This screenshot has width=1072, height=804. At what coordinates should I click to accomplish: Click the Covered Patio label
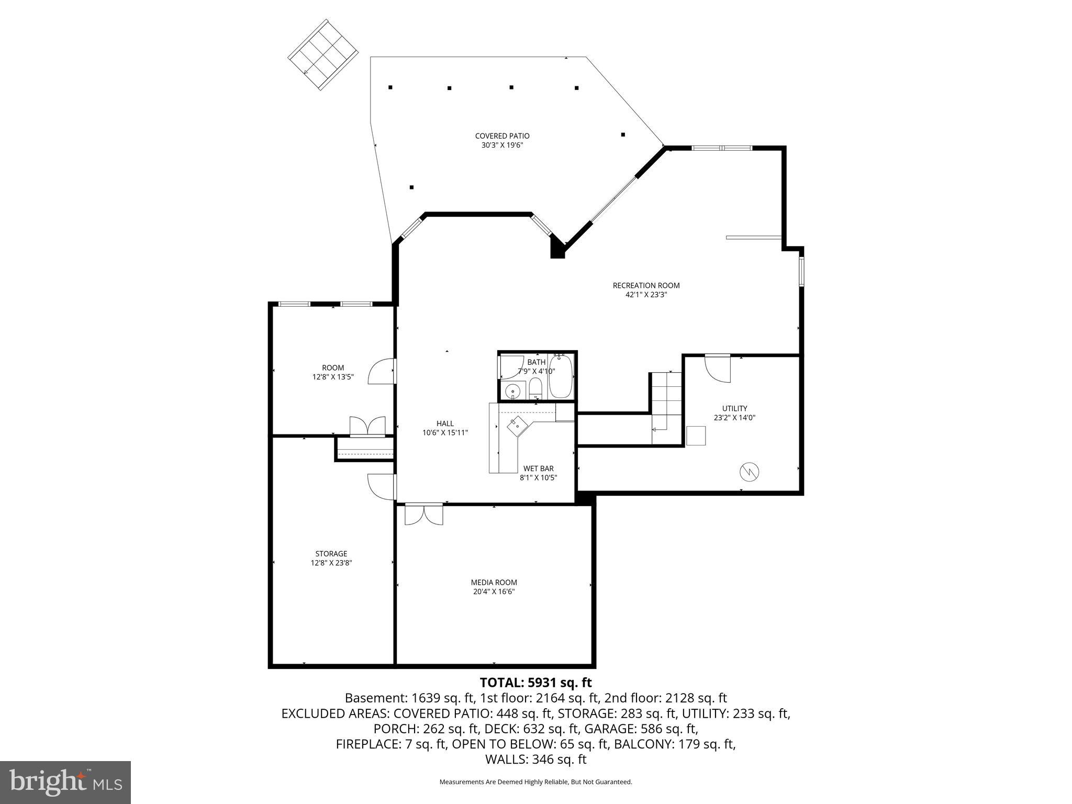tap(502, 136)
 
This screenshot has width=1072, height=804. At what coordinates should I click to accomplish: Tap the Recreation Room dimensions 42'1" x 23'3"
tap(646, 295)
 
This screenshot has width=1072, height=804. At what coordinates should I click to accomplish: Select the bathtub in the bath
tap(562, 376)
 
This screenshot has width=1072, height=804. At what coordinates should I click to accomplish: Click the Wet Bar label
tap(538, 468)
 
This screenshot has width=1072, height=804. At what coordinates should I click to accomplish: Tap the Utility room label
tap(734, 408)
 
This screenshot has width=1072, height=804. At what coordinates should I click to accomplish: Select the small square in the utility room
tap(696, 435)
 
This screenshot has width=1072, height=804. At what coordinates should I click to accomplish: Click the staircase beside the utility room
tap(666, 400)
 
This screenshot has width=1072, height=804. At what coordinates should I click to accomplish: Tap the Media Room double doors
tap(423, 514)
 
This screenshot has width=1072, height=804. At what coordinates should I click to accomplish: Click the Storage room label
tap(331, 553)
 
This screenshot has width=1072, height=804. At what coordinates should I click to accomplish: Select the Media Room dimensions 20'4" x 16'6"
tap(494, 591)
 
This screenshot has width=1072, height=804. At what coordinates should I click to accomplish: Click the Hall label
tap(445, 423)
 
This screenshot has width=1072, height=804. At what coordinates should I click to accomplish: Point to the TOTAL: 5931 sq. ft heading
tap(535, 683)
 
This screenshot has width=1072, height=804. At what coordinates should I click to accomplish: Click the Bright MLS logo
tap(65, 782)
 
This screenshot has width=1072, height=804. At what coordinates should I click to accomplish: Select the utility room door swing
tap(717, 368)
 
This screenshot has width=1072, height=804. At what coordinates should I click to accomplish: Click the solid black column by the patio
tap(557, 249)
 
